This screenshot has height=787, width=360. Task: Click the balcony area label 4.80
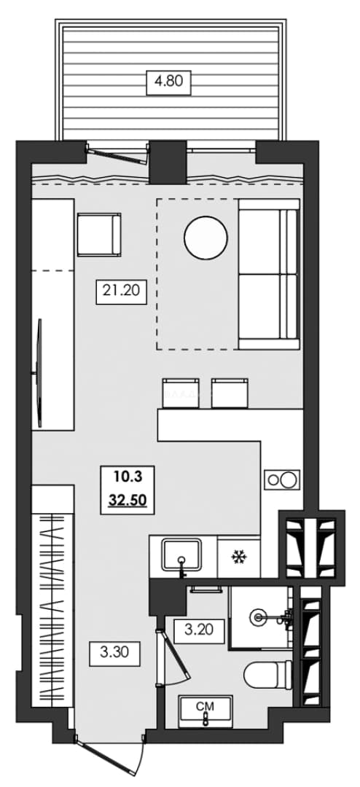click(168, 81)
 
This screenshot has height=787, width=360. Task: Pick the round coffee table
click(206, 237)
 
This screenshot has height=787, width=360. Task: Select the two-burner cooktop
click(282, 479)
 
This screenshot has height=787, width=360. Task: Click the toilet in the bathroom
click(268, 673)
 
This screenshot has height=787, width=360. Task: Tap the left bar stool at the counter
click(181, 393)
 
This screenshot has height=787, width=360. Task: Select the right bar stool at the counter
click(230, 393)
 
